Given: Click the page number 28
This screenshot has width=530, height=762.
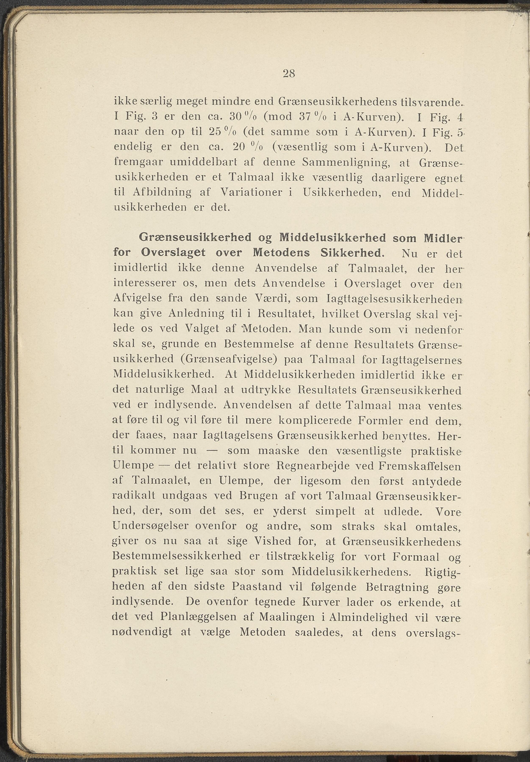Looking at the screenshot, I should (289, 73).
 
